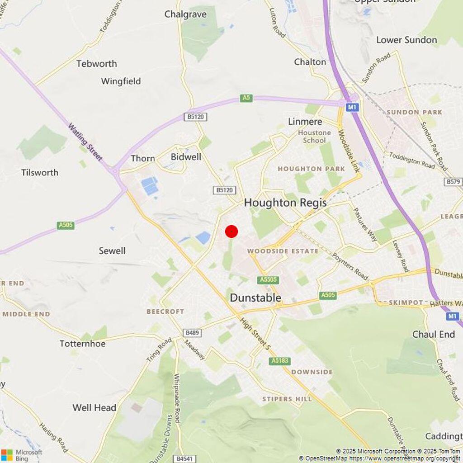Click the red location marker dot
(231, 231)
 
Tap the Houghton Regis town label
(285, 203)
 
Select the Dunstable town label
(255, 298)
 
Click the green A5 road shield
(246, 98)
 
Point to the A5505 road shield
(268, 280)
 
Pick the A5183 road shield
(280, 361)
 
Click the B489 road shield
(192, 333)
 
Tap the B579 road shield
(453, 182)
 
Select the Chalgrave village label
(185, 14)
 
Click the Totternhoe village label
(82, 344)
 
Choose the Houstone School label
(314, 137)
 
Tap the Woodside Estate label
(283, 251)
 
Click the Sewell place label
(112, 251)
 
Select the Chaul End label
(434, 335)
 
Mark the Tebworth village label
(96, 64)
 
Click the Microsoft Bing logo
(22, 455)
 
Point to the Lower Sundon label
(406, 40)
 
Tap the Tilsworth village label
(40, 173)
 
